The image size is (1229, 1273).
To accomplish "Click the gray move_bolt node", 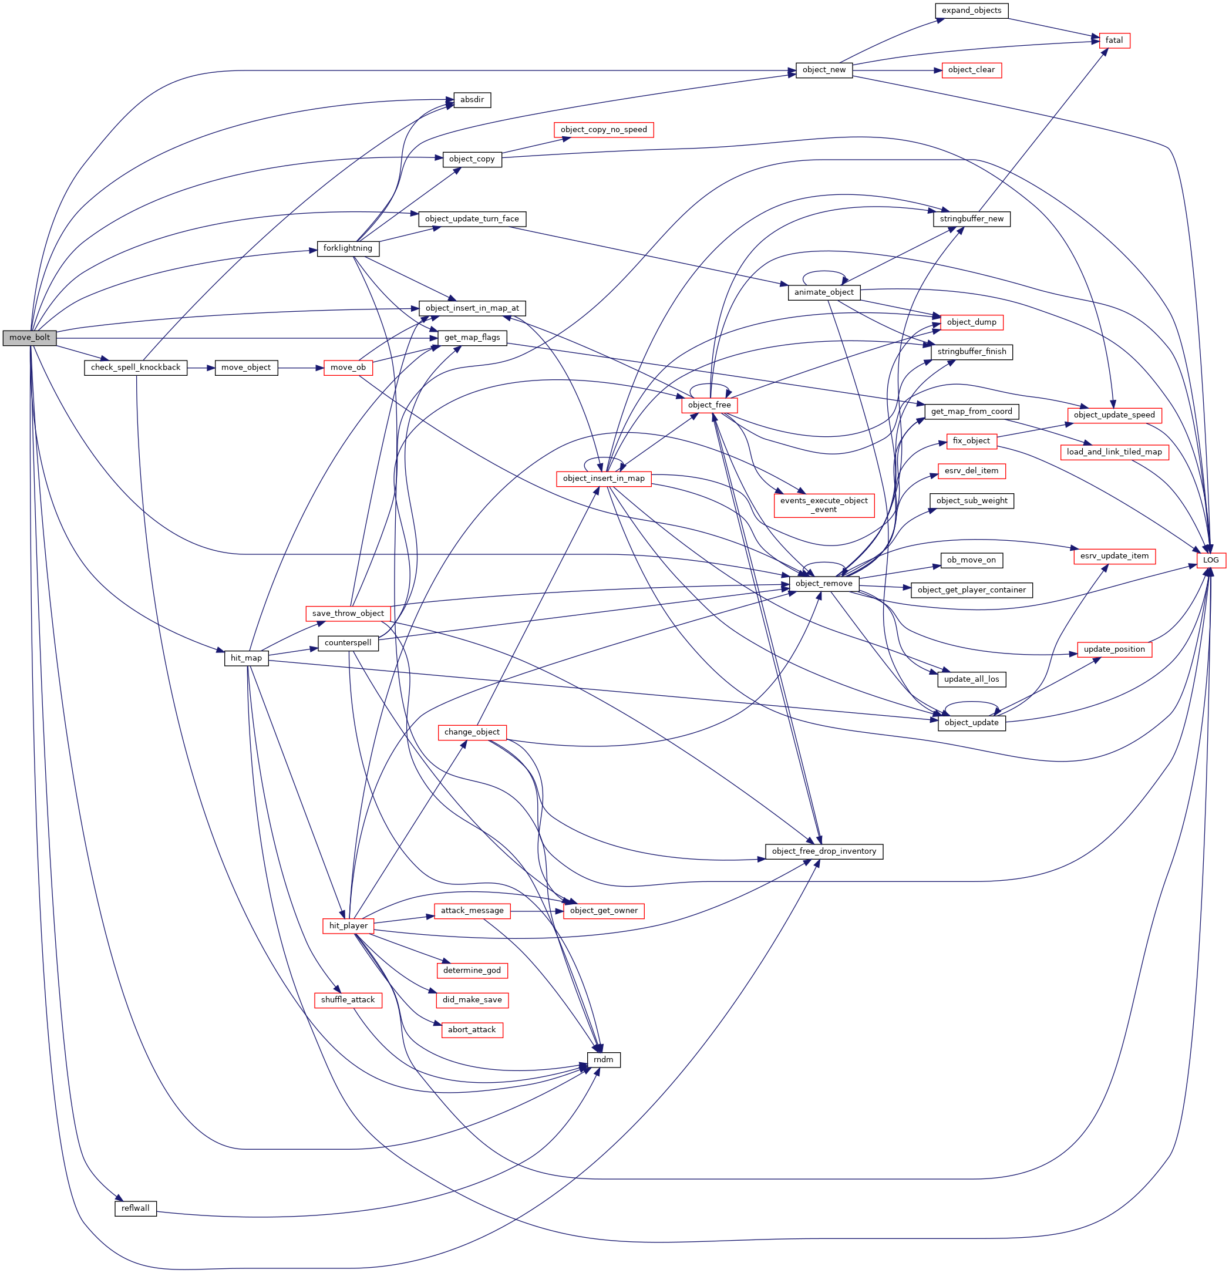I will pyautogui.click(x=29, y=338).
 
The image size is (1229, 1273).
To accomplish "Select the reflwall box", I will pyautogui.click(x=135, y=1208).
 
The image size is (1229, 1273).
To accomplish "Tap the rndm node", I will pyautogui.click(x=604, y=1059).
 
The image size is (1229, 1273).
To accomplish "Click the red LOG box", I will pyautogui.click(x=1211, y=560).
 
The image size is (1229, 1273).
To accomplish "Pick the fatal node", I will pyautogui.click(x=1114, y=41).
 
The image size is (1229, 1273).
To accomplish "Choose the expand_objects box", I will pyautogui.click(x=971, y=11).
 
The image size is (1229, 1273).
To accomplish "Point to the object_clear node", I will pyautogui.click(x=971, y=70).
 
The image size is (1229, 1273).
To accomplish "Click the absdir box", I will pyautogui.click(x=472, y=100).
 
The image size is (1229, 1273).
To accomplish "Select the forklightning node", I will pyautogui.click(x=348, y=248).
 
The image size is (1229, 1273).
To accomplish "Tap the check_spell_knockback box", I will pyautogui.click(x=135, y=368).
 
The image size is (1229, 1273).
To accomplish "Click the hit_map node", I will pyautogui.click(x=246, y=658).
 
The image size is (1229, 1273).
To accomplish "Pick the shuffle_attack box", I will pyautogui.click(x=348, y=999).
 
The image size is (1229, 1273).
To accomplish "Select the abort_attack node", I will pyautogui.click(x=472, y=1029).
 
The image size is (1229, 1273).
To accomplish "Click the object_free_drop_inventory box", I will pyautogui.click(x=824, y=851).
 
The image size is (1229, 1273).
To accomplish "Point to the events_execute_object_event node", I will pyautogui.click(x=824, y=504).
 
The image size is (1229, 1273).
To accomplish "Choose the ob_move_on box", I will pyautogui.click(x=971, y=560).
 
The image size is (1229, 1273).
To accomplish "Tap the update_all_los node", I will pyautogui.click(x=971, y=679).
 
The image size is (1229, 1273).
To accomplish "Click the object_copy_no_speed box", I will pyautogui.click(x=604, y=130).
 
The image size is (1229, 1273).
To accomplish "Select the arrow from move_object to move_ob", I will pyautogui.click(x=301, y=368).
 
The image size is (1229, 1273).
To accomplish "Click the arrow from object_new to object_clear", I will pyautogui.click(x=897, y=70).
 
